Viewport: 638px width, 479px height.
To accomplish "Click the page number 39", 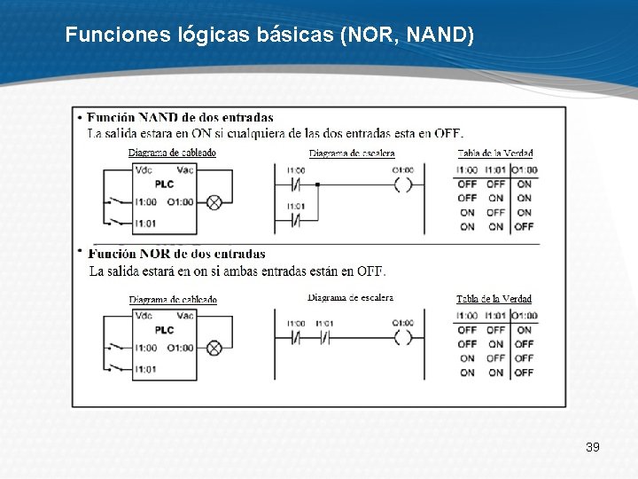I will pyautogui.click(x=593, y=446).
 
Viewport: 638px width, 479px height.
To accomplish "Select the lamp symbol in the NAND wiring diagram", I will pyautogui.click(x=214, y=202).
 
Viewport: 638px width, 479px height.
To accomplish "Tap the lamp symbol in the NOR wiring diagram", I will pyautogui.click(x=214, y=348).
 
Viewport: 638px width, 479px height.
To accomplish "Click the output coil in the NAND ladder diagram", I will pyautogui.click(x=403, y=185).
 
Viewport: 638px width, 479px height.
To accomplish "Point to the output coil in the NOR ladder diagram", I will pyautogui.click(x=403, y=337).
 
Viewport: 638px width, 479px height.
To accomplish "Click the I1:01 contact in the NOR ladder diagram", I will pyautogui.click(x=324, y=337).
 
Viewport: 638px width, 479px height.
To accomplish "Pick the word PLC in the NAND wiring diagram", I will pyautogui.click(x=164, y=185).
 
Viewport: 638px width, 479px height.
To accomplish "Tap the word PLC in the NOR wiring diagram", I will pyautogui.click(x=164, y=330).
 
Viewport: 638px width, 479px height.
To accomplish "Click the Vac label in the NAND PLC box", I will pyautogui.click(x=185, y=169).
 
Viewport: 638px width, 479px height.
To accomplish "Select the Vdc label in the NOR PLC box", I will pyautogui.click(x=144, y=315).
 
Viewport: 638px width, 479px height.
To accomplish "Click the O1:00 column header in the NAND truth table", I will pyautogui.click(x=525, y=169).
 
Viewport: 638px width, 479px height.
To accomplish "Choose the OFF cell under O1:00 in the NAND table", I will pyautogui.click(x=525, y=226).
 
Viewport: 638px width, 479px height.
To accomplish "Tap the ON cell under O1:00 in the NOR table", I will pyautogui.click(x=525, y=330).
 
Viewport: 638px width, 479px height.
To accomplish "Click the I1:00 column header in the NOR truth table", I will pyautogui.click(x=467, y=315).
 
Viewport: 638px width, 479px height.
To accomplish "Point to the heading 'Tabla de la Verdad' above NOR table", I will pyautogui.click(x=494, y=299).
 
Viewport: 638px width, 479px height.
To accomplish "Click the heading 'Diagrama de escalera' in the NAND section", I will pyautogui.click(x=352, y=153).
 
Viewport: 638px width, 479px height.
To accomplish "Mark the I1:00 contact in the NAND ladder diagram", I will pyautogui.click(x=296, y=185).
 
